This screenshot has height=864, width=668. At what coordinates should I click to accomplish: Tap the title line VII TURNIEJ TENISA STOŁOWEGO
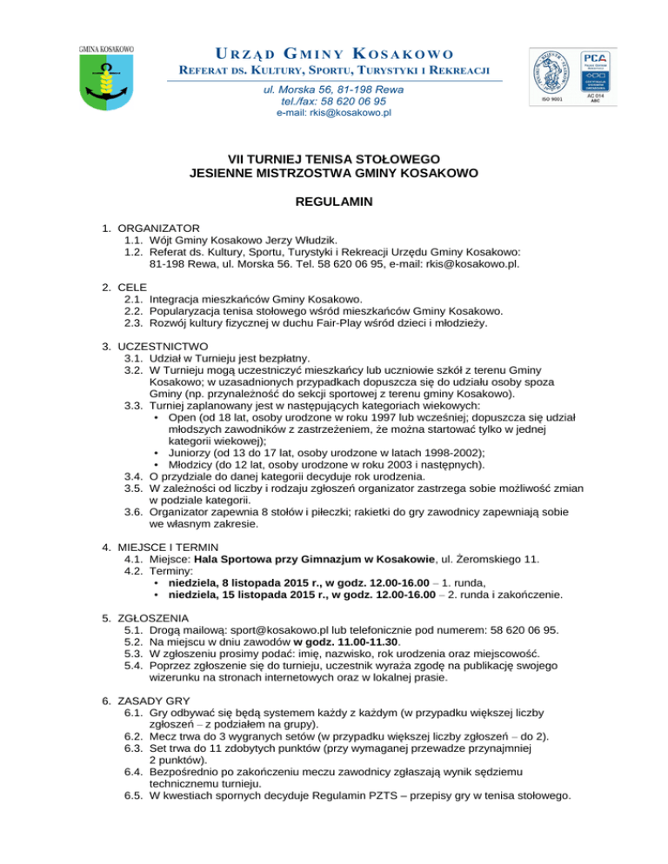(333, 159)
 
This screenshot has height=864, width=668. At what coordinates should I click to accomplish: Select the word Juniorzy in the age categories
(186, 452)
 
